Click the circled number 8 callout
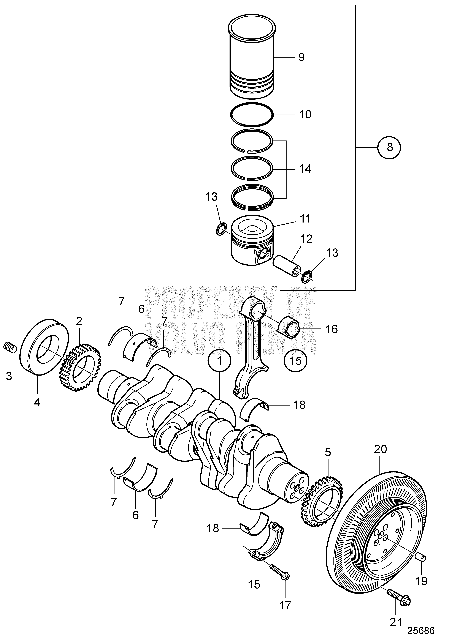coord(390,147)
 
